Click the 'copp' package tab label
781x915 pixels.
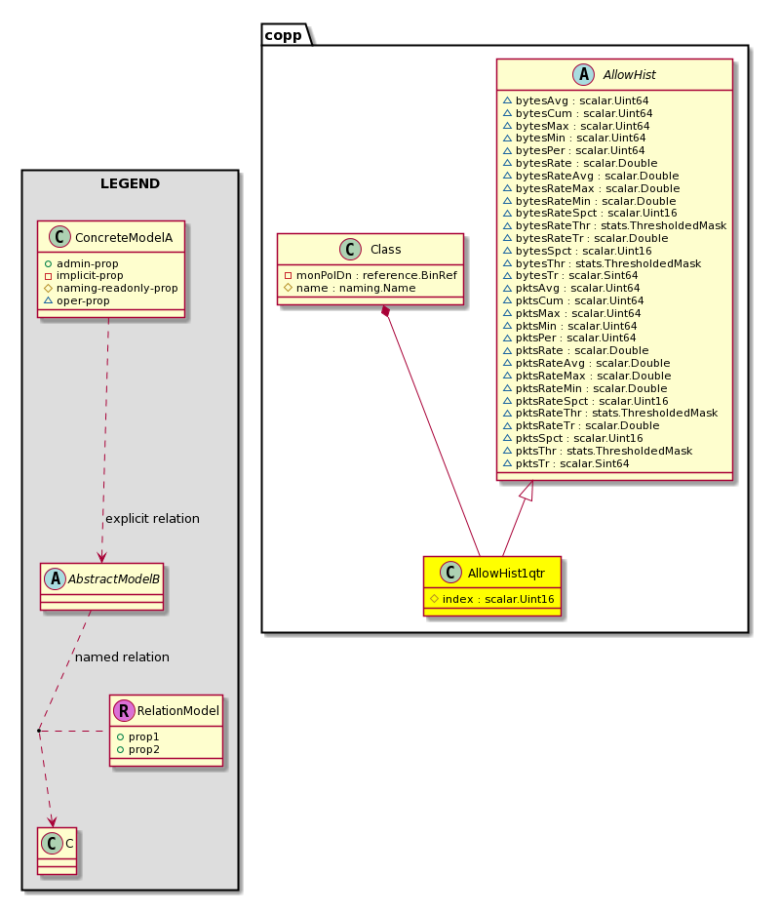point(284,35)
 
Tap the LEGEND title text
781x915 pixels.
point(130,183)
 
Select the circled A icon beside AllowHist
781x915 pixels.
point(584,75)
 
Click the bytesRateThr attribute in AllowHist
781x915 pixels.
point(615,226)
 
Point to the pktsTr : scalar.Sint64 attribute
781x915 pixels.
point(566,464)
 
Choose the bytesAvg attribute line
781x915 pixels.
point(575,100)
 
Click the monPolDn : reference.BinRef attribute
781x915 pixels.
point(371,275)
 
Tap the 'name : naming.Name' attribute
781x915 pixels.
point(349,289)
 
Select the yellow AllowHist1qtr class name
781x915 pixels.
point(506,574)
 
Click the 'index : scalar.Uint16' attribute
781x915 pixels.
point(492,599)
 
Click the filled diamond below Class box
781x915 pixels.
point(385,311)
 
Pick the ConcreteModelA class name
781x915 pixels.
point(124,238)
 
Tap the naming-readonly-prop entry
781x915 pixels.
point(111,289)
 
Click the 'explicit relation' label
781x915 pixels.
point(152,519)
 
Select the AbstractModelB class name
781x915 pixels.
point(114,579)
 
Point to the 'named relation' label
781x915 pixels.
point(123,657)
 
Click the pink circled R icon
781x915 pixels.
point(124,711)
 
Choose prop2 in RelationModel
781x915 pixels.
point(138,750)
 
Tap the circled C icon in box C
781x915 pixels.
point(52,843)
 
